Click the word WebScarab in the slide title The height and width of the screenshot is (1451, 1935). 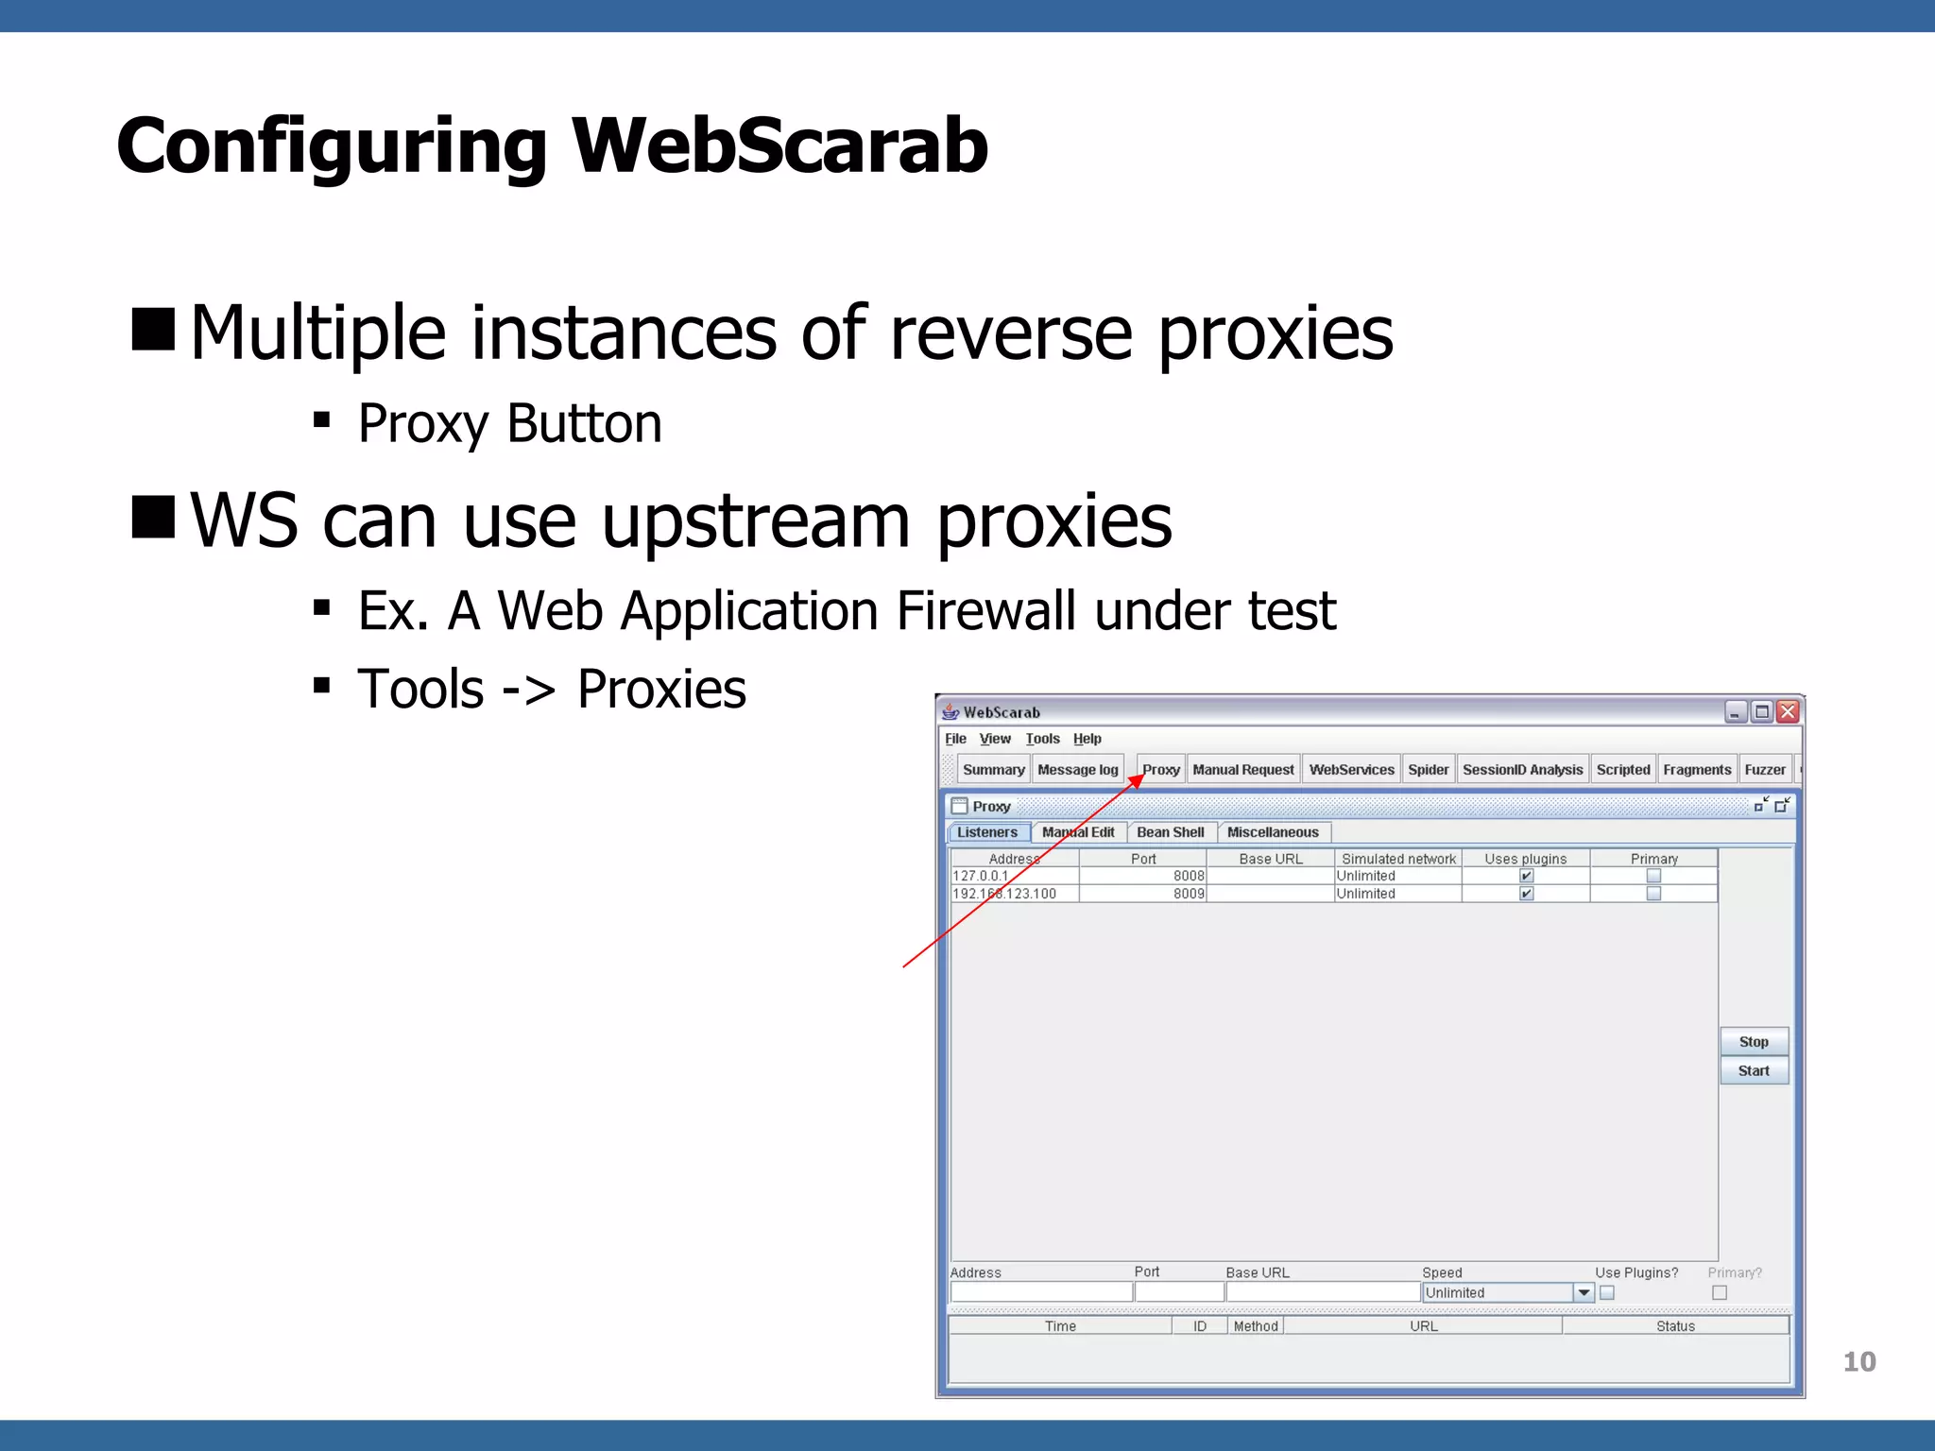(x=779, y=146)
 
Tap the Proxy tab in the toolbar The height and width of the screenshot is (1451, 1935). (x=1161, y=770)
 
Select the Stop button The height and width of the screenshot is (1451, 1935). (x=1754, y=1041)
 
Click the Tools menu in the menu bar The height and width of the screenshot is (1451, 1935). (x=1042, y=739)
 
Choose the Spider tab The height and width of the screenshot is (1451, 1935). (x=1428, y=770)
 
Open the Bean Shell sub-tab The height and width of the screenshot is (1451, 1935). (x=1170, y=832)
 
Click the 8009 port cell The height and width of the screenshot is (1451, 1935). (x=1189, y=894)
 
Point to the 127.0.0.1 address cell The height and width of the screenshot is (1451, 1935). (x=981, y=876)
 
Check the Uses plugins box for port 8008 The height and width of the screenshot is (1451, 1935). (x=1526, y=876)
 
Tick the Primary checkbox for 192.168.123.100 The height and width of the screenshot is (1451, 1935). (x=1653, y=894)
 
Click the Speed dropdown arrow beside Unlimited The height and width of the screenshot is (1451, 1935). (x=1584, y=1292)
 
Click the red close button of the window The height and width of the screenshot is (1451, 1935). (x=1788, y=711)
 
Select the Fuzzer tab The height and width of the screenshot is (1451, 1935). (x=1764, y=770)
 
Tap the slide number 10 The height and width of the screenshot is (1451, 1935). (x=1858, y=1361)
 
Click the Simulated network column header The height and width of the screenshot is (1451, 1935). (x=1398, y=859)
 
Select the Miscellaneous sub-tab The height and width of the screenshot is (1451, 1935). (x=1272, y=832)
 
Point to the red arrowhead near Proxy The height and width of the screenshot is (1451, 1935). (x=1137, y=780)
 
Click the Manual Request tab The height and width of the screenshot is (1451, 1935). (x=1242, y=770)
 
